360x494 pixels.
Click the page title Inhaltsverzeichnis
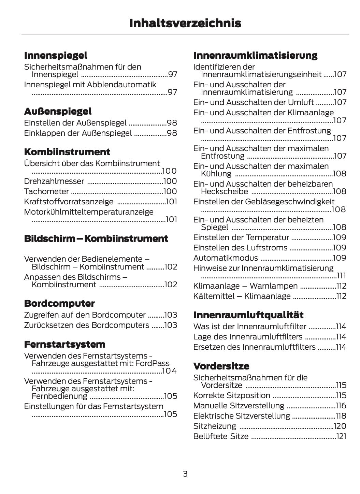pyautogui.click(x=185, y=23)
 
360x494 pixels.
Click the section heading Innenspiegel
pyautogui.click(x=56, y=55)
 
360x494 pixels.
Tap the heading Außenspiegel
pyautogui.click(x=58, y=111)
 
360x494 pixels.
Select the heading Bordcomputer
pyautogui.click(x=59, y=303)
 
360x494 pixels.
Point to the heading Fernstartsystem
pyautogui.click(x=64, y=344)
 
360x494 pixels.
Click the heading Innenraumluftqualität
pyautogui.click(x=248, y=315)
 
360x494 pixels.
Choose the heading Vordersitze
pyautogui.click(x=221, y=366)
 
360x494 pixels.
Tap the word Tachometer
pyautogui.click(x=46, y=191)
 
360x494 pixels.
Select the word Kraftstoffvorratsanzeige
pyautogui.click(x=69, y=202)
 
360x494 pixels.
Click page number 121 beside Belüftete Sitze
pyautogui.click(x=341, y=436)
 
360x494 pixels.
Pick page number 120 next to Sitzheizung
pyautogui.click(x=340, y=426)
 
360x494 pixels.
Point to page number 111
pyautogui.click(x=341, y=276)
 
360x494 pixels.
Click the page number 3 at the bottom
pyautogui.click(x=185, y=474)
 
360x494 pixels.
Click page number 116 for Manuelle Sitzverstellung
pyautogui.click(x=341, y=406)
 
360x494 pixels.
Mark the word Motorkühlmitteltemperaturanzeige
pyautogui.click(x=89, y=212)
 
